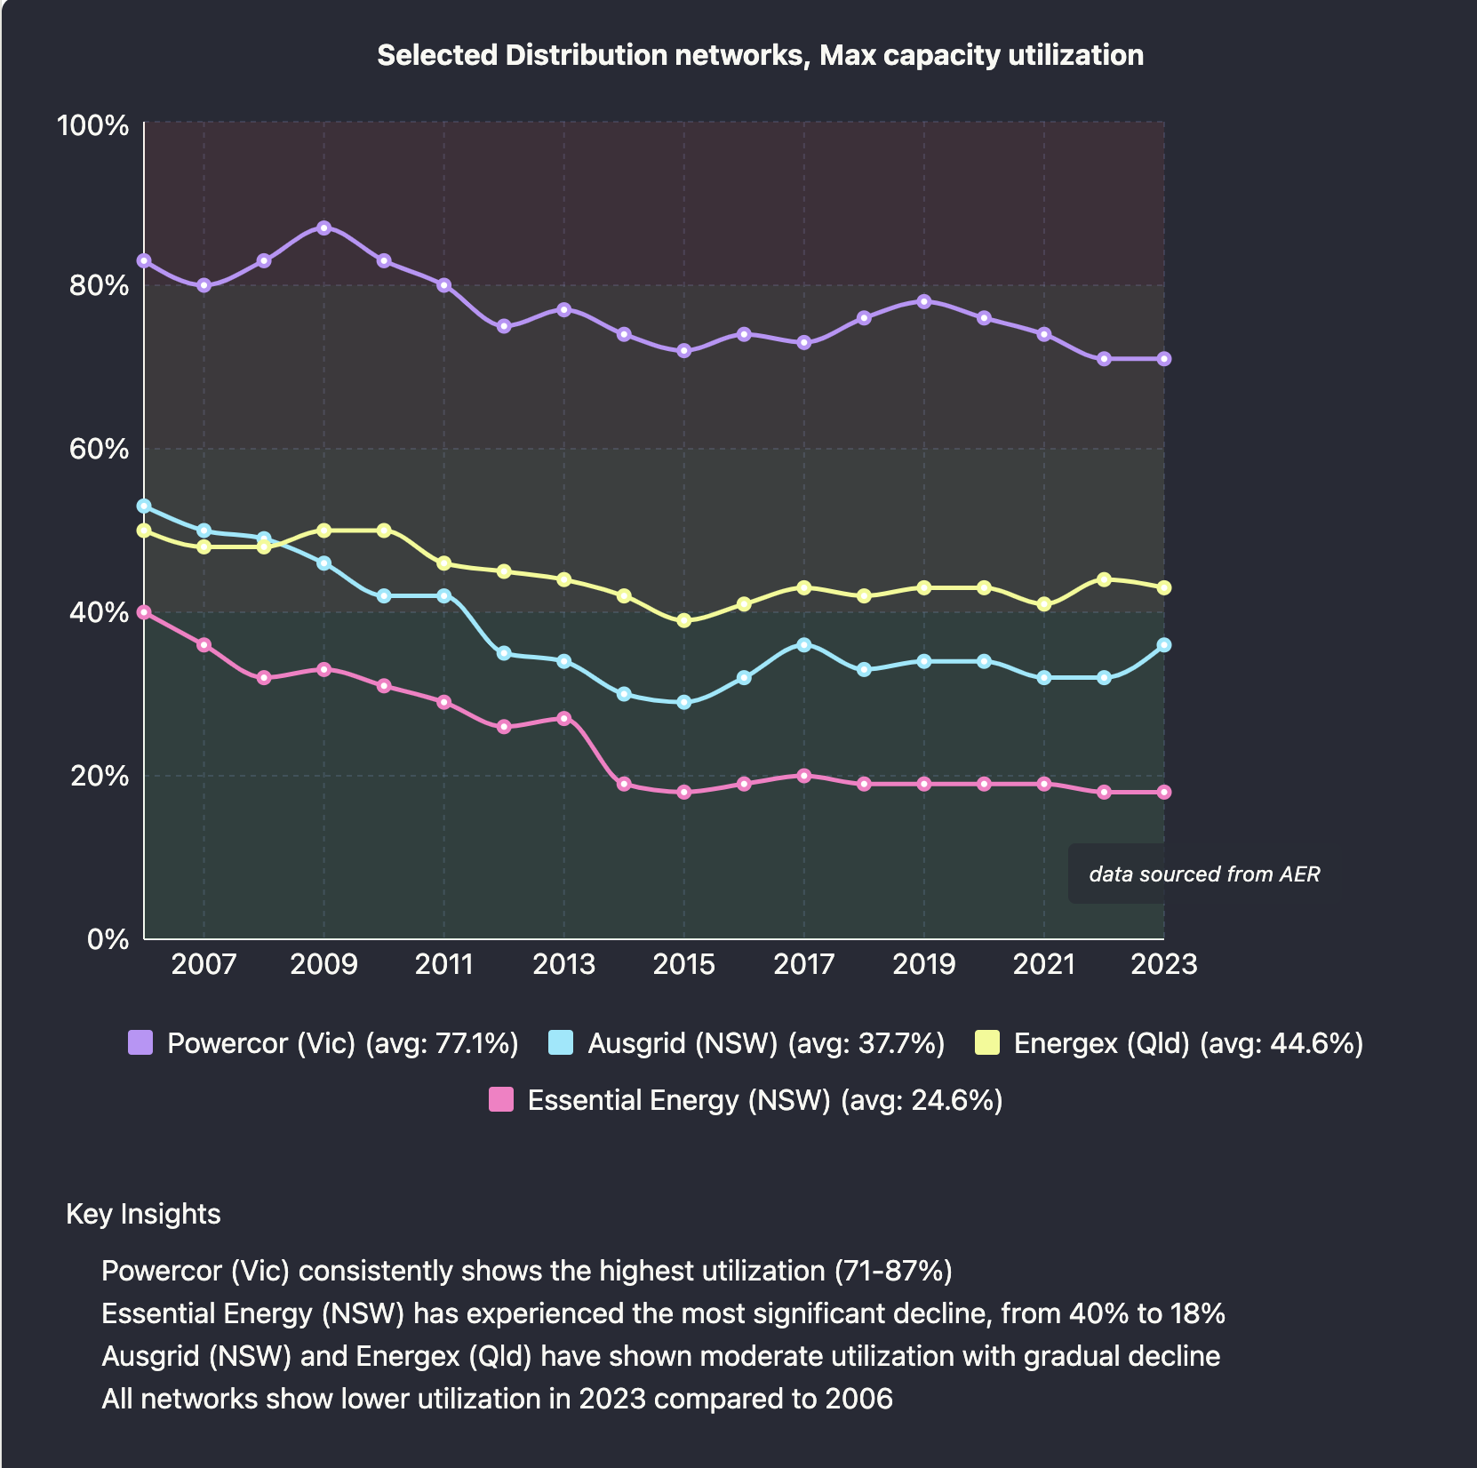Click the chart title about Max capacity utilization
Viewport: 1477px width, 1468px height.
760,55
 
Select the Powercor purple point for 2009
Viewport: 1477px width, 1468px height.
323,228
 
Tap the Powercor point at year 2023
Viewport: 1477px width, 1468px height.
1163,359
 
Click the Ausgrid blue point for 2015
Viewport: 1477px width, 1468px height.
683,702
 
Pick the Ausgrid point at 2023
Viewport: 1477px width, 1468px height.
1163,645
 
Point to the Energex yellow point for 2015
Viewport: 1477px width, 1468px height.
683,621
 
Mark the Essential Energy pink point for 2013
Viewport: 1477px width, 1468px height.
563,718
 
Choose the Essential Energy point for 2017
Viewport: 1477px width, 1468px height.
803,776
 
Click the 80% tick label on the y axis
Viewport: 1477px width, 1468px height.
92,286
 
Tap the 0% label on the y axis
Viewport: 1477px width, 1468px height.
108,939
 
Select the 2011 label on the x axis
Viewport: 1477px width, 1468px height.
443,964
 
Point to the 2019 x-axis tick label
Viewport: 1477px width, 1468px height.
923,964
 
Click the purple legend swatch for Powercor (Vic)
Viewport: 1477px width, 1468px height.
140,1042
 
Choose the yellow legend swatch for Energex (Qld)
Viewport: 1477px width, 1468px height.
987,1042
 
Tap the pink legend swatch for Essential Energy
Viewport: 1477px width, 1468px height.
501,1100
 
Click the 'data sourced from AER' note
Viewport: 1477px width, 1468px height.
1203,874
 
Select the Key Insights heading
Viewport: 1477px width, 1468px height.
143,1214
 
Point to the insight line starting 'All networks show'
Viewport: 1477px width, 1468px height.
497,1399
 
